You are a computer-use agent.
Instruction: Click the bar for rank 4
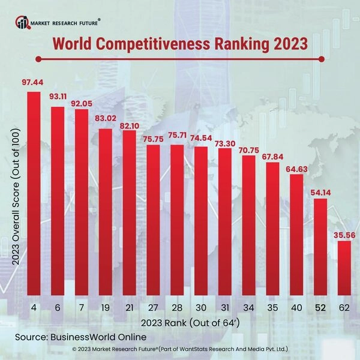pos(34,195)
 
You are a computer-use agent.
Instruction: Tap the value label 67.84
pos(272,153)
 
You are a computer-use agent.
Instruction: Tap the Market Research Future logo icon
pos(23,23)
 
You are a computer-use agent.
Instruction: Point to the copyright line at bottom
pos(180,348)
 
